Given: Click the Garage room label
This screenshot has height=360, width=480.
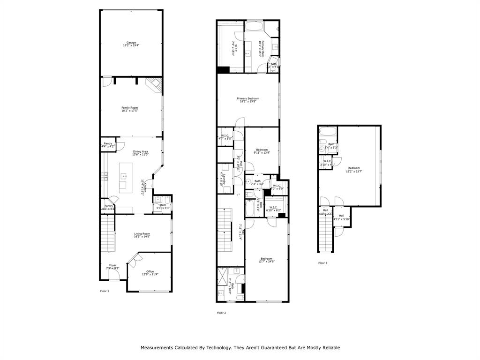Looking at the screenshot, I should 131,44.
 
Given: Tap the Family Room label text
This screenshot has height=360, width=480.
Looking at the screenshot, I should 129,109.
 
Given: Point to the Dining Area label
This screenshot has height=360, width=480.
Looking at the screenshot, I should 140,153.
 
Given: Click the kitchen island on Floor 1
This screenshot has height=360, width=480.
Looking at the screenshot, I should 126,177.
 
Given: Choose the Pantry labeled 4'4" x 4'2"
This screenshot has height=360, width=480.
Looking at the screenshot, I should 108,145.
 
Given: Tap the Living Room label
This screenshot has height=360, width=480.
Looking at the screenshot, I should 142,235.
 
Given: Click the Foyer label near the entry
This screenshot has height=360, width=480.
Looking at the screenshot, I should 112,267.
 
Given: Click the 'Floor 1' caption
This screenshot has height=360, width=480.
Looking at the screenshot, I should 105,291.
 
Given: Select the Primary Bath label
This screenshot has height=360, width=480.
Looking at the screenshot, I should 262,49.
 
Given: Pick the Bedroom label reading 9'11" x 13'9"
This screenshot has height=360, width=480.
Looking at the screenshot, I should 262,151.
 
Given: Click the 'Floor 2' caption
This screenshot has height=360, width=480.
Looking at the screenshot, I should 221,313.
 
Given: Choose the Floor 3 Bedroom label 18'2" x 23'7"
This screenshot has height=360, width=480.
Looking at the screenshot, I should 354,169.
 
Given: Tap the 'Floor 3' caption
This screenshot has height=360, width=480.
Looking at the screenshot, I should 322,263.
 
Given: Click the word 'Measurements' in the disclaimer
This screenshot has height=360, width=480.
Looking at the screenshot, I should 157,348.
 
